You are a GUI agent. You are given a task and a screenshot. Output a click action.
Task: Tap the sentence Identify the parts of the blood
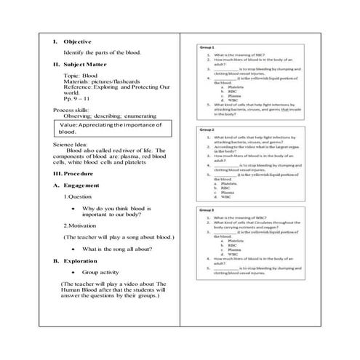coord(102,52)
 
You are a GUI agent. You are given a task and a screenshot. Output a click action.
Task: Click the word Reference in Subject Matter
coord(79,87)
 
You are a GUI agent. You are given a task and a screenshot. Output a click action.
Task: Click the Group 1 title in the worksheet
coord(206,49)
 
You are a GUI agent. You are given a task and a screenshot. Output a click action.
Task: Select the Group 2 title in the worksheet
coord(206,129)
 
